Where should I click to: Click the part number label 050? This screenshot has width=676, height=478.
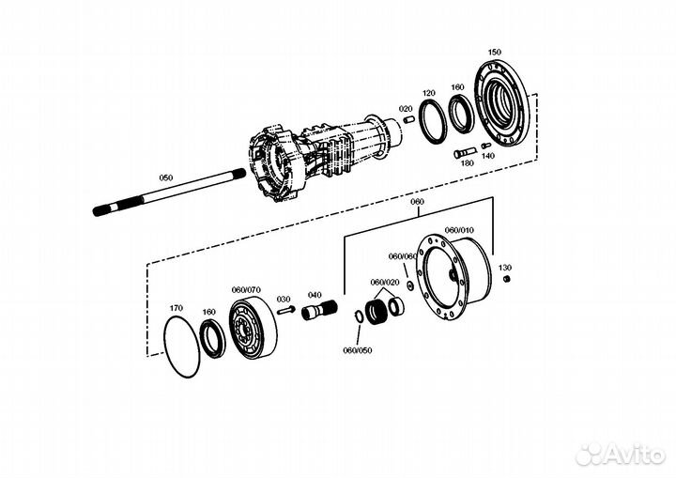click(166, 177)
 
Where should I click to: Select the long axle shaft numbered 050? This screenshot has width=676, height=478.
click(169, 193)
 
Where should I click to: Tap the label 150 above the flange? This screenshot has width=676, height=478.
click(495, 53)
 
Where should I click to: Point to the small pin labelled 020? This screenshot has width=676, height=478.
click(408, 119)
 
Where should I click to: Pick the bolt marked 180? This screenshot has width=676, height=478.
click(465, 153)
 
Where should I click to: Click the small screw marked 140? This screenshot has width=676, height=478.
click(486, 146)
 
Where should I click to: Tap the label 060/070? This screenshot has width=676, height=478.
click(246, 290)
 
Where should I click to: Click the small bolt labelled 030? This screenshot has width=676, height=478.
click(285, 309)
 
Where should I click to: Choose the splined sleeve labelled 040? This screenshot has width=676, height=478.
click(319, 311)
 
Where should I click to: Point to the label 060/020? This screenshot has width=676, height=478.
click(385, 283)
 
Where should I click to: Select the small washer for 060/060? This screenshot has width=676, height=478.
click(410, 285)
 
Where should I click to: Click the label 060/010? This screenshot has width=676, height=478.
click(459, 230)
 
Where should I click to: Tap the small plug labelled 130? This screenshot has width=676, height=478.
click(507, 279)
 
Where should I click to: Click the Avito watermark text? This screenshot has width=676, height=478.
click(635, 455)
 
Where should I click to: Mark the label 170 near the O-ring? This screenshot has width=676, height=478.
click(176, 308)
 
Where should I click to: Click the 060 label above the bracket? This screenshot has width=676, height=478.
click(417, 202)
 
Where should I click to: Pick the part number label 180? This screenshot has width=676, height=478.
click(468, 163)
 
